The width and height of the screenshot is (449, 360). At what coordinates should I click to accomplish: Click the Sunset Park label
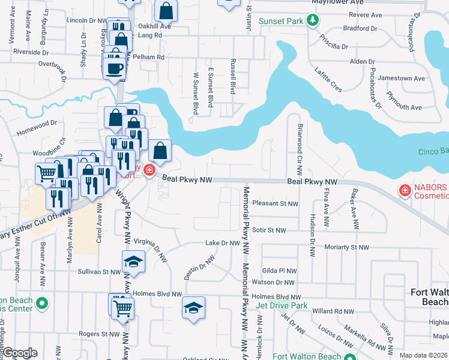[x=281, y=21]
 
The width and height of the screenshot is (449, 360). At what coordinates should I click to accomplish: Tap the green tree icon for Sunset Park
[x=312, y=21]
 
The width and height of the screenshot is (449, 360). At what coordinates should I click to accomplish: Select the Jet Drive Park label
[x=282, y=306]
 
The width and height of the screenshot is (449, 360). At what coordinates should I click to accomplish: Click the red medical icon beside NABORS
[x=405, y=191]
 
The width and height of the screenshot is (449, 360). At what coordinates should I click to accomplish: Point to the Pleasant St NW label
[x=276, y=204]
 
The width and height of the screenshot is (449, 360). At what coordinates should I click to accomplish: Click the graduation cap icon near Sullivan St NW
[x=133, y=262]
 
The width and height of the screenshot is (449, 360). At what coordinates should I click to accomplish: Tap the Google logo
[x=20, y=353]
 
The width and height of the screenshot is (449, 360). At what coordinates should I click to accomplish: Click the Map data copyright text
[x=424, y=355]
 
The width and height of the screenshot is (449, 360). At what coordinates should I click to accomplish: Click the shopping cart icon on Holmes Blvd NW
[x=123, y=308]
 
